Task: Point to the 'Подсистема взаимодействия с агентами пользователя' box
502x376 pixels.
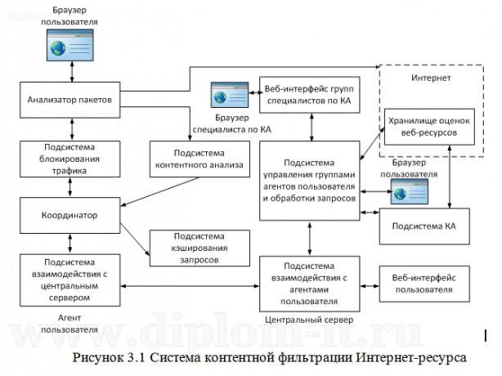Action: (309, 280)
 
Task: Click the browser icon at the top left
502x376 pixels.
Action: (70, 46)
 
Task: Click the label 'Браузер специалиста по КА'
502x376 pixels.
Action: (231, 123)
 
